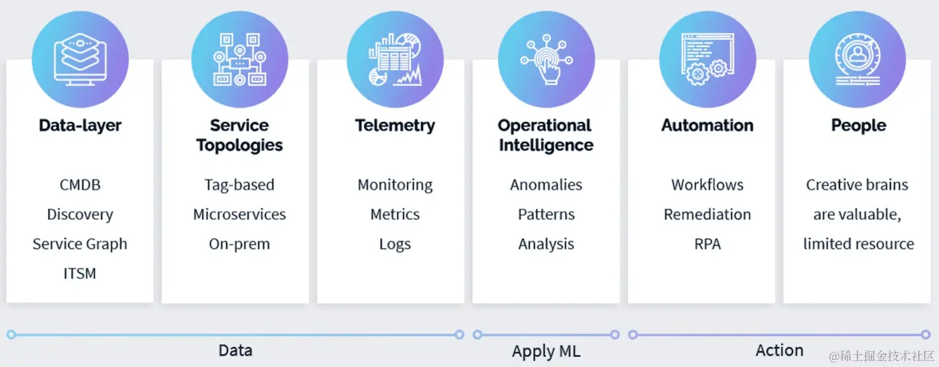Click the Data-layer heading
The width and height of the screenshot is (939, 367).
coord(80,125)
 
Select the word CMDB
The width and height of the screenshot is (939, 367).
coord(80,185)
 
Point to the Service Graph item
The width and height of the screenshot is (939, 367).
coord(80,244)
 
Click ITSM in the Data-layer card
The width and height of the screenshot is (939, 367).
coord(80,273)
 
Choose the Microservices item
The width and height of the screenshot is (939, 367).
coord(239,215)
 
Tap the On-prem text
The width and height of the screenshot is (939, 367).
coord(239,244)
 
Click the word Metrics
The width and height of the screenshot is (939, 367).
coord(395,215)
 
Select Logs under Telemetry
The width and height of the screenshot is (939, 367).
coord(395,244)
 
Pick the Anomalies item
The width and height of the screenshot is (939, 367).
coord(546,185)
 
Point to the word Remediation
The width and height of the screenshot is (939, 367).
coord(708,215)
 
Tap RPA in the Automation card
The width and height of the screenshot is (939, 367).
coord(708,244)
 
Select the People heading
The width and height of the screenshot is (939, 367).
coord(859,125)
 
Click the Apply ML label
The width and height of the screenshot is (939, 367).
coord(546,352)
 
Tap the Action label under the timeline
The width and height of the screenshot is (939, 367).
coord(779,350)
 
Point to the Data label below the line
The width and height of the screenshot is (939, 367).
coord(235,350)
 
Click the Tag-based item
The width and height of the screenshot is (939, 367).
coord(239,185)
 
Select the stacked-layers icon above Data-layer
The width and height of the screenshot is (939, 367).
coord(80,60)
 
